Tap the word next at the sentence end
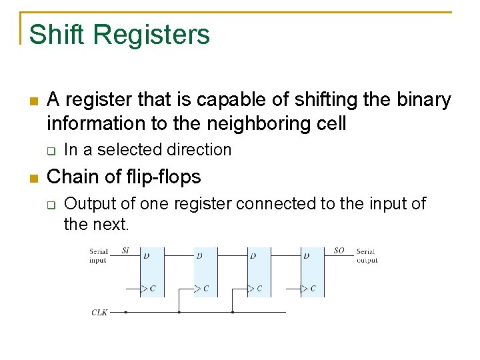tap(111, 225)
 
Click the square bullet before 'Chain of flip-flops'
tap(33, 178)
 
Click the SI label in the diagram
tap(125, 251)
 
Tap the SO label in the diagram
tap(339, 251)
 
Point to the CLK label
tap(99, 312)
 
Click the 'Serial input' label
tap(98, 256)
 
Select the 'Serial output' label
tap(366, 256)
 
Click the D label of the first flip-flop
tap(145, 255)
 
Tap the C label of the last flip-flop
tap(313, 289)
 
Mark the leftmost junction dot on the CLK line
tap(125, 311)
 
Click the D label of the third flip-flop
tap(253, 255)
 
